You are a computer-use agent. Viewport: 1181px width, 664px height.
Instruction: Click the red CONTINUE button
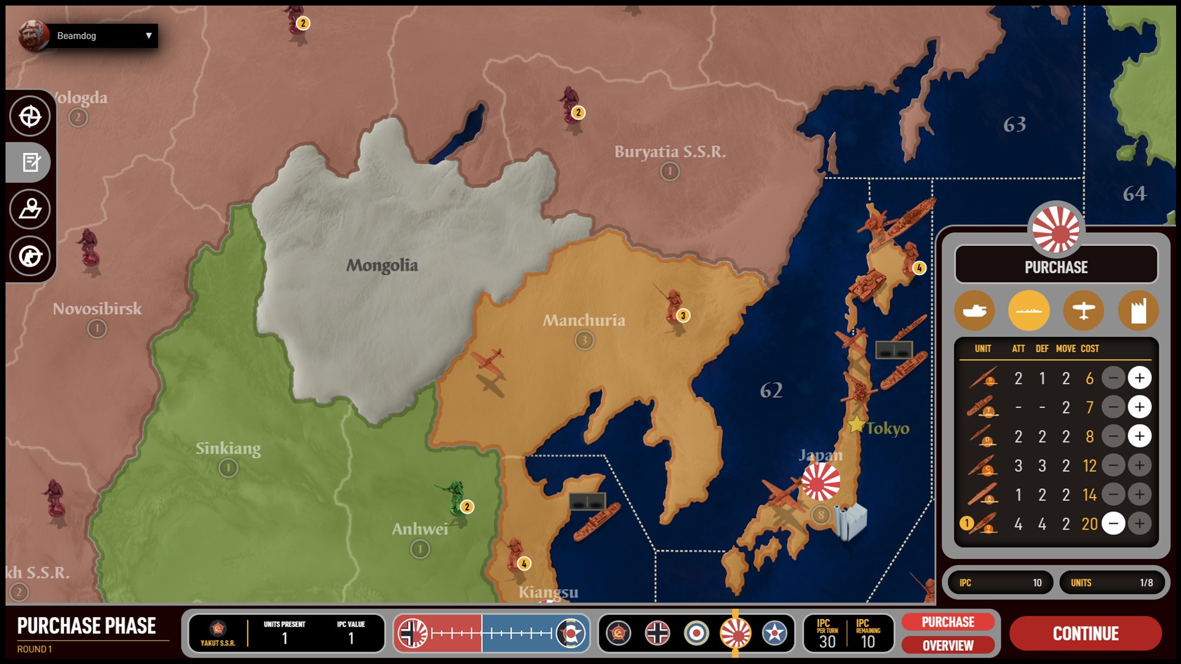(x=1086, y=633)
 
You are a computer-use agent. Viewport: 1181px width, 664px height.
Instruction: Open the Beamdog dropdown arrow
(x=148, y=36)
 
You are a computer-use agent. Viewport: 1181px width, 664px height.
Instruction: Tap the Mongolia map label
(x=382, y=266)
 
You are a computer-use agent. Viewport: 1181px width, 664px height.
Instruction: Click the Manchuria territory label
(x=584, y=320)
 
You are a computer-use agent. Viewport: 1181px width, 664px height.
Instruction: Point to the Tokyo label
(x=888, y=429)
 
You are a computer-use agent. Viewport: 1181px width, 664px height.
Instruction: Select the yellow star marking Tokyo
(x=856, y=424)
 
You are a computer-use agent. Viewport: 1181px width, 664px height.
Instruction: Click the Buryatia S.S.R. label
(x=670, y=152)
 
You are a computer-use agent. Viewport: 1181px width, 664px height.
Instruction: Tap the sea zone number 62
(x=771, y=390)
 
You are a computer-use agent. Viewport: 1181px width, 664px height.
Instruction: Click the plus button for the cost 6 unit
(x=1139, y=378)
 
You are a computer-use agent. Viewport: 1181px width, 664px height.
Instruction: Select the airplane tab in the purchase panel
(x=1083, y=310)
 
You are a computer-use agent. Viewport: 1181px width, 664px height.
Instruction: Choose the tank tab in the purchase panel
(x=974, y=310)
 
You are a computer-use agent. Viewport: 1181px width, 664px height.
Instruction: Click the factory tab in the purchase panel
(x=1138, y=310)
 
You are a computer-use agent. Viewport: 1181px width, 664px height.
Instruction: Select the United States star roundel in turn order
(x=774, y=633)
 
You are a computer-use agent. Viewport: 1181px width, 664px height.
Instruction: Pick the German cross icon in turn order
(x=658, y=633)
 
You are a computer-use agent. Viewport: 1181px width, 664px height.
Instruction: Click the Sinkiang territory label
(x=228, y=449)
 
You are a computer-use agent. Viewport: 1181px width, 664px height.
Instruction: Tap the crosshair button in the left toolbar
(x=30, y=116)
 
